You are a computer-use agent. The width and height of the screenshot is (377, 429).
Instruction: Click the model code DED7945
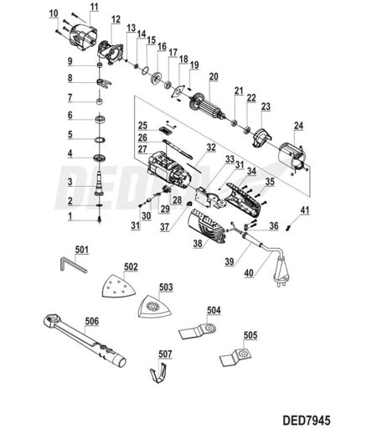point(307,420)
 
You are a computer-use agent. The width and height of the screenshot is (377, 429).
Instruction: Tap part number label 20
point(214,76)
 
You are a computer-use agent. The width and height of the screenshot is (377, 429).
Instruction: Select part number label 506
point(92,321)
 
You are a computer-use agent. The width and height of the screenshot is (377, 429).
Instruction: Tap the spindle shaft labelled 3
point(100,183)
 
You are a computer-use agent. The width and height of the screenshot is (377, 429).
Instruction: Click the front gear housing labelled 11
point(81,38)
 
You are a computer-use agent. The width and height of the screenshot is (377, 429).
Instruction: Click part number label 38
point(198,243)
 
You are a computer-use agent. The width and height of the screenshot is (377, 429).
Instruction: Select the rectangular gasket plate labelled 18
point(178,91)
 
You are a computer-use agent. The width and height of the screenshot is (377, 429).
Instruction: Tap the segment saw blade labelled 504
point(199,331)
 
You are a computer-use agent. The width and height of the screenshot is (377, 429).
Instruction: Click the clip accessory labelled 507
point(158,373)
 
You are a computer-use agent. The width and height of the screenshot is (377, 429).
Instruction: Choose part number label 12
point(116,19)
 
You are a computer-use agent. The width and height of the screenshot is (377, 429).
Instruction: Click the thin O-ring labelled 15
point(145,70)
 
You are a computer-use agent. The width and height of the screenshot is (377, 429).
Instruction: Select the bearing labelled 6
point(100,120)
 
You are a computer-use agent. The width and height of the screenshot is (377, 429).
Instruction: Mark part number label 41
point(305,210)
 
